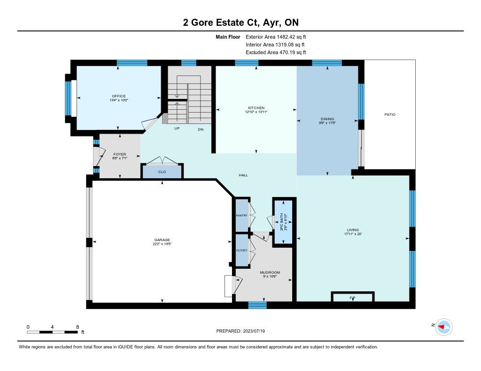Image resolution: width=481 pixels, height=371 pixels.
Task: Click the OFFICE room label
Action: coord(119,96)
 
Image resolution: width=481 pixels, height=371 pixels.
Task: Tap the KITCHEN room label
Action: coord(256,108)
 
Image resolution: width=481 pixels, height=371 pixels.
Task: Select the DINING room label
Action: coord(327,119)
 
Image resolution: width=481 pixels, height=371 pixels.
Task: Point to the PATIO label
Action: coord(390,114)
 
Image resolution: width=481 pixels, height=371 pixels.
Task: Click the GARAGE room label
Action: coord(162,240)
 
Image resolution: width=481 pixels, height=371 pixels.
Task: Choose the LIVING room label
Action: coord(353,230)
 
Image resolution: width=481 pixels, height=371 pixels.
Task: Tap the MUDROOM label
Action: coord(270,273)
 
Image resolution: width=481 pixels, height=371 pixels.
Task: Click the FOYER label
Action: coord(120,154)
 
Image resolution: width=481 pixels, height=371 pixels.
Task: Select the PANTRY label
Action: coord(242,215)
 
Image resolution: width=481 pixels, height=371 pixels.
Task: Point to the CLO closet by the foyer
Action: coord(162,172)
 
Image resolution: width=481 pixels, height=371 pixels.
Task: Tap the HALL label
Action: coord(243,175)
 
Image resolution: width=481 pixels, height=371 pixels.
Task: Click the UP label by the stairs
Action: coord(177,129)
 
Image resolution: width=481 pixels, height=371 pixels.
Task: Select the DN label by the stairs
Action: coord(201,129)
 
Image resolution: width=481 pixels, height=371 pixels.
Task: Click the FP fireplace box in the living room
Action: coord(353,297)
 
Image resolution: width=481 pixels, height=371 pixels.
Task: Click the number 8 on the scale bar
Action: coord(78,327)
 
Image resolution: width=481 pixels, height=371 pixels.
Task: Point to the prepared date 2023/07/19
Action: coord(254,331)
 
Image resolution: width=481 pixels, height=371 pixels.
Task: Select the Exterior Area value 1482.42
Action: coord(286,37)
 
